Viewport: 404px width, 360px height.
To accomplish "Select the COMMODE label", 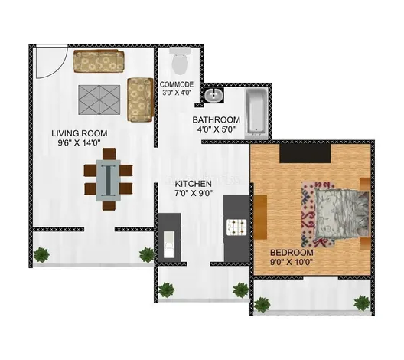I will coord(177,84).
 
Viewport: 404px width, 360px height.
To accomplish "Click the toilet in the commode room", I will coord(181,60).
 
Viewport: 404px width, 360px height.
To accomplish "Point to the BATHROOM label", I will coord(217,120).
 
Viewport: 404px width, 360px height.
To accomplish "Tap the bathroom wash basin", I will coord(214,96).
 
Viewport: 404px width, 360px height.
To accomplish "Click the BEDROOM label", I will coord(292,253).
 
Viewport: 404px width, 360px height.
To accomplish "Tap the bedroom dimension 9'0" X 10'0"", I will coord(292,263).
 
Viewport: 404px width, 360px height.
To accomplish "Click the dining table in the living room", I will coord(110,178).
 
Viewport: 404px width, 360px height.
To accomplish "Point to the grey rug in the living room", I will coord(101,97).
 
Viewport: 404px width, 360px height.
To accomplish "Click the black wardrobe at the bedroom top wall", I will coord(304,153).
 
